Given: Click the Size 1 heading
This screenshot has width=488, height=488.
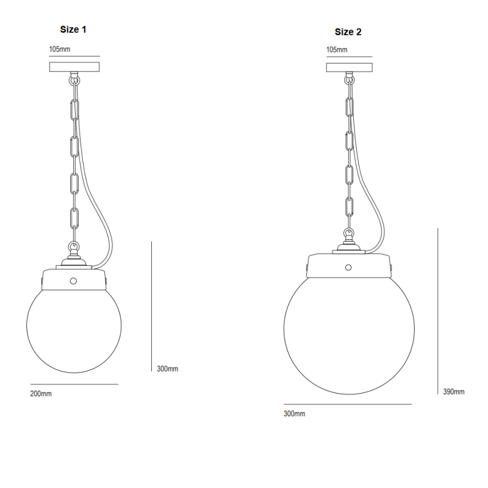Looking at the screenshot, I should tap(77, 29).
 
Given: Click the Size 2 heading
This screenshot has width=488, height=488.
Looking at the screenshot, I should tap(348, 32).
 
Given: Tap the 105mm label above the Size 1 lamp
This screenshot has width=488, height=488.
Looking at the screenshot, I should tap(60, 48).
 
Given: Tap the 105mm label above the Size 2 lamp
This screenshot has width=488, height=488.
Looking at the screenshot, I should tap(337, 49).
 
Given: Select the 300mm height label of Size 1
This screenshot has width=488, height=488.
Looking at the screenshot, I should tap(167, 368).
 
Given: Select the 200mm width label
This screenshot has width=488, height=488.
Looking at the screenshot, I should tap(41, 393).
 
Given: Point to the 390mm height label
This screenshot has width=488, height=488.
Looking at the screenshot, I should tap(454, 392).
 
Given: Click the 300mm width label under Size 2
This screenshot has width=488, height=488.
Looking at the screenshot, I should tap(294, 414).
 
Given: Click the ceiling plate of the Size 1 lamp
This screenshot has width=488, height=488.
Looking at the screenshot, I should tap(75, 65).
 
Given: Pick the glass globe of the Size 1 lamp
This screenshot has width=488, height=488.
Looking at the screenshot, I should tap(74, 329).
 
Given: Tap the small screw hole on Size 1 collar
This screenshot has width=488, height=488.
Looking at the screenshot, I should tap(74, 281).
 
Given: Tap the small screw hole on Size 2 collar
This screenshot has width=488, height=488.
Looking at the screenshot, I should tap(348, 267).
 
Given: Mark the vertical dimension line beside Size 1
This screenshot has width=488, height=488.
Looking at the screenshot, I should tap(151, 305).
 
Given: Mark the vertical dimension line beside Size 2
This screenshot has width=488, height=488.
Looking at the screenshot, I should tap(437, 311).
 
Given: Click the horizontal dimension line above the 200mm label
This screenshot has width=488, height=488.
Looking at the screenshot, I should tap(74, 384).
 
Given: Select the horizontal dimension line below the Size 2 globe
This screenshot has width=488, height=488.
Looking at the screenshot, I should tap(348, 404).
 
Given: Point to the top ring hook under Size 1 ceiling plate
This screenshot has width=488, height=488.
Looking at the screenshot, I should tap(74, 77).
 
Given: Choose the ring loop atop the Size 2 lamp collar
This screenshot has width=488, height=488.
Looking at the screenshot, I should tap(348, 234).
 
